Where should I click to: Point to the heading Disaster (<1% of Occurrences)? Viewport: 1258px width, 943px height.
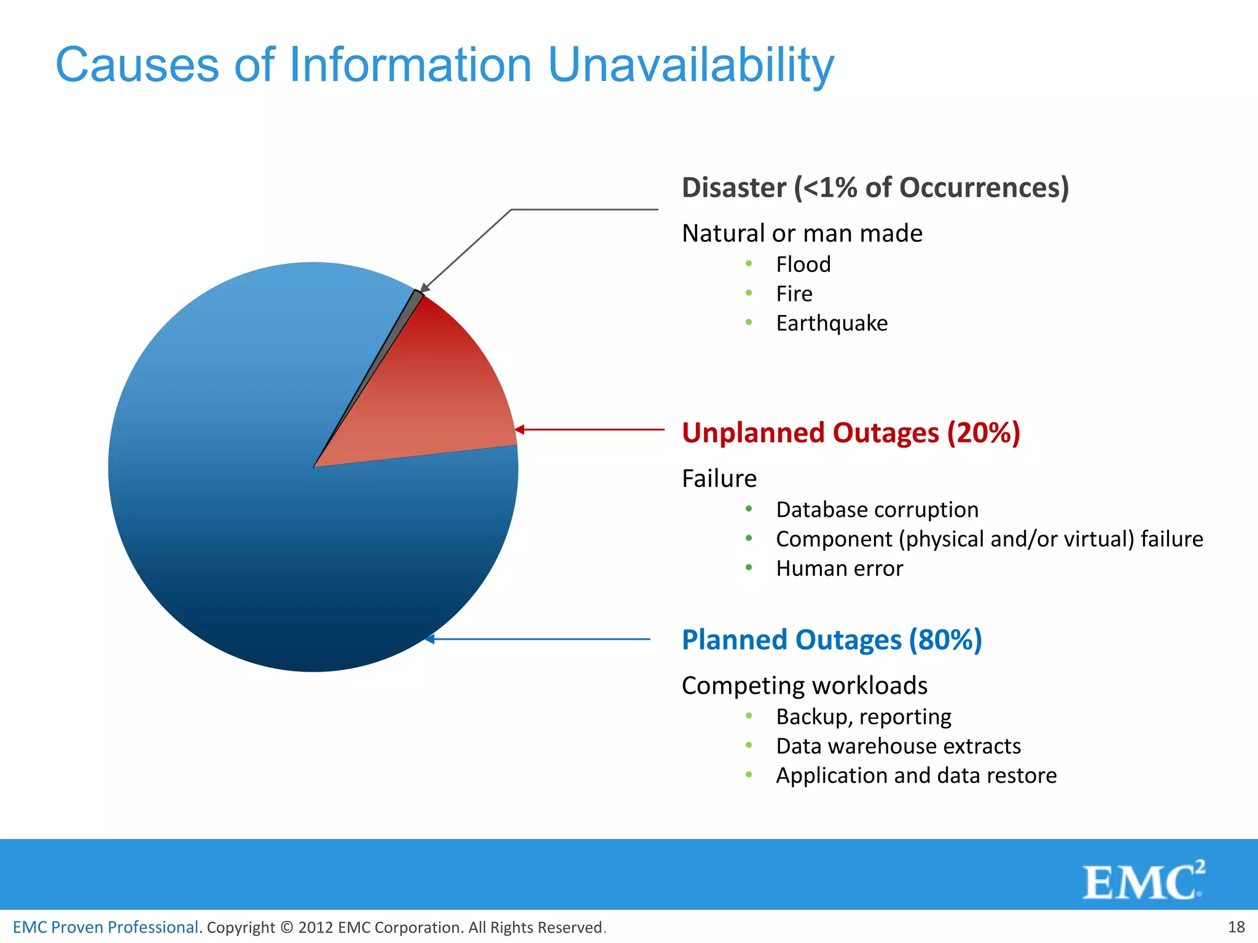click(x=875, y=187)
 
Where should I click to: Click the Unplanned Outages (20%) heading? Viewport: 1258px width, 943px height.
click(x=851, y=432)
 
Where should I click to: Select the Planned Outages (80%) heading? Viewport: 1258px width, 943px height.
click(x=832, y=640)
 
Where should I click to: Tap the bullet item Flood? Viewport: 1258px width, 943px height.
click(x=803, y=265)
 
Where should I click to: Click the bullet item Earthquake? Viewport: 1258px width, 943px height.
click(x=831, y=324)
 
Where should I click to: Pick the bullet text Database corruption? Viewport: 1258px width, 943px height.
click(x=877, y=510)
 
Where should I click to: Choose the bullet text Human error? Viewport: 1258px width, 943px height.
click(x=839, y=569)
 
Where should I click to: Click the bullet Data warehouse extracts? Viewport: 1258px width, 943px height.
click(x=898, y=746)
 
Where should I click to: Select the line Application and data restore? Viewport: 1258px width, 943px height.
click(x=916, y=775)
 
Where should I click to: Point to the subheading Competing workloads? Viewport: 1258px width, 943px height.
click(x=804, y=686)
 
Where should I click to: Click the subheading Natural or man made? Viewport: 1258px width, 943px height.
click(x=802, y=233)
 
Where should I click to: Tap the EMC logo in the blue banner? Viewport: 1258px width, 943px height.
click(x=1143, y=881)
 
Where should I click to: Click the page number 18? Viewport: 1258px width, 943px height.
click(x=1236, y=926)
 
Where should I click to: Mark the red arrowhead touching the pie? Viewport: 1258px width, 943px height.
click(x=520, y=430)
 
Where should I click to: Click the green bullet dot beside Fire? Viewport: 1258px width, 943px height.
click(x=749, y=293)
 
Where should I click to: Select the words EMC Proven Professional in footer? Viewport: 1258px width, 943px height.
click(x=106, y=927)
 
